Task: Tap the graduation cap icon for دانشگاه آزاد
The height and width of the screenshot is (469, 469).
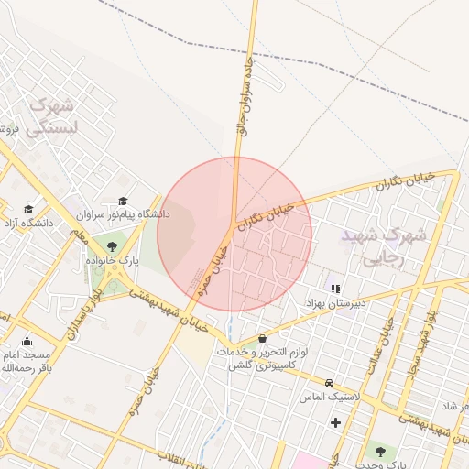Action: pos(28,209)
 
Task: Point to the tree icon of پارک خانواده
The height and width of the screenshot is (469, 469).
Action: pos(112,246)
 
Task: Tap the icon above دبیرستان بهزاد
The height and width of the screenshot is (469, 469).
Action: pos(334,288)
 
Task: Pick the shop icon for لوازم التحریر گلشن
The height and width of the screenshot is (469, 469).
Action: pos(264,337)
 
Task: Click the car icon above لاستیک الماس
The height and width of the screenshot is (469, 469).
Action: pos(329,383)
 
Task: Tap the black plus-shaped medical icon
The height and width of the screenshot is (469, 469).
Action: pos(335,422)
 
